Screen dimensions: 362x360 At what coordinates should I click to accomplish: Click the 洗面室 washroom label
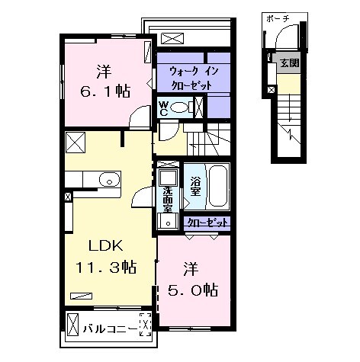point(169,200)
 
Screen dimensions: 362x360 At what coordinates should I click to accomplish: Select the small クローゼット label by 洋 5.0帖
point(207,223)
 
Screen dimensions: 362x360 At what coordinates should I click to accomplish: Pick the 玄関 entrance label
point(289,63)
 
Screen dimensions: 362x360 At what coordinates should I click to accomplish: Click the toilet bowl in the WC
point(180,108)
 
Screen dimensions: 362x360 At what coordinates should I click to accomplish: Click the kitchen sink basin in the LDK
point(110,181)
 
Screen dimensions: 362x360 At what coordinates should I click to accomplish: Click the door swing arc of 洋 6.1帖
point(138,118)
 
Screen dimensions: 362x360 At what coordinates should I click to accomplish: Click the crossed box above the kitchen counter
point(75,143)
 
